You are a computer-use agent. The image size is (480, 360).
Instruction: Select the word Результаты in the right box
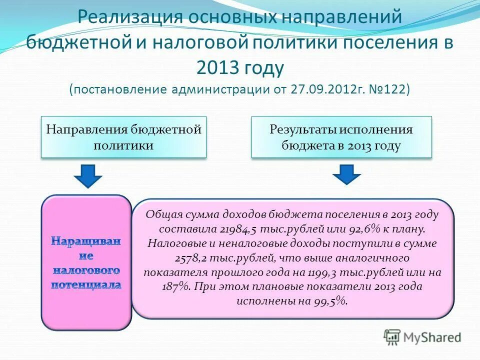(x=303, y=130)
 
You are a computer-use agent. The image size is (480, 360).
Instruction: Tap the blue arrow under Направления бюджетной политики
(x=88, y=175)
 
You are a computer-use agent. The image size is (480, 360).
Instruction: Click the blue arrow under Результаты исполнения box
(x=346, y=175)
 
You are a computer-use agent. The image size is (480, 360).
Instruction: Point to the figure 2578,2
(x=191, y=258)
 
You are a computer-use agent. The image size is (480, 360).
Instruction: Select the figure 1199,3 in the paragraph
(x=335, y=272)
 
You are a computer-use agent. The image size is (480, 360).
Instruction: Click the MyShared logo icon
(x=392, y=337)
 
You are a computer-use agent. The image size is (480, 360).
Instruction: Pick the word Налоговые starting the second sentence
(x=170, y=243)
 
